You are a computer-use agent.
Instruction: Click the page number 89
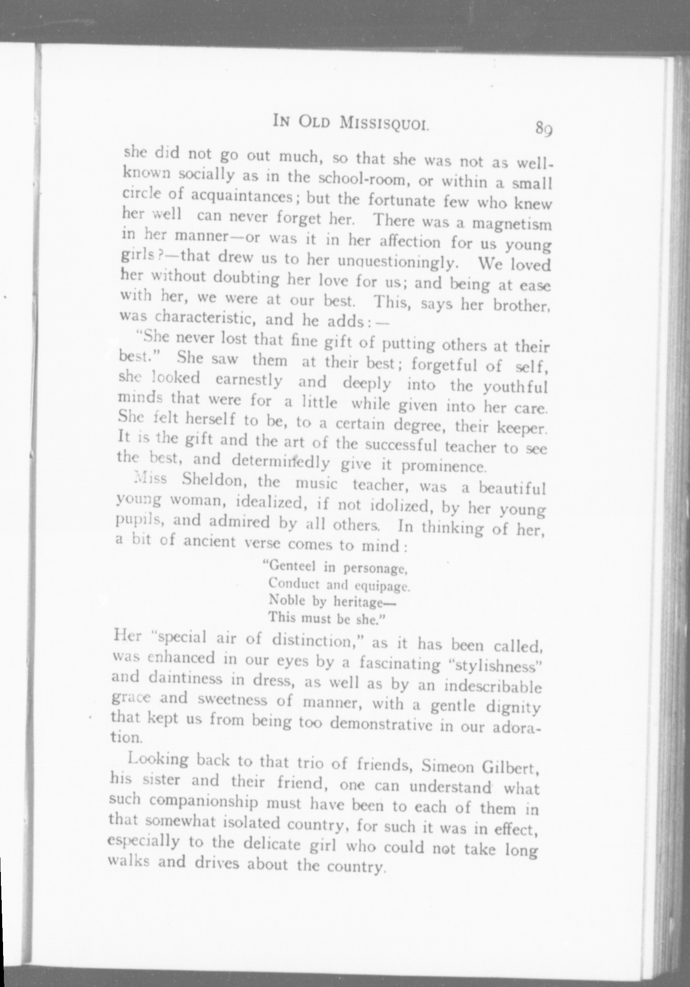click(544, 129)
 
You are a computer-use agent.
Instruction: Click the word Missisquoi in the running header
click(385, 123)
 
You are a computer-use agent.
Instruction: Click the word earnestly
click(249, 380)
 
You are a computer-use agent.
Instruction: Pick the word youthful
click(515, 387)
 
